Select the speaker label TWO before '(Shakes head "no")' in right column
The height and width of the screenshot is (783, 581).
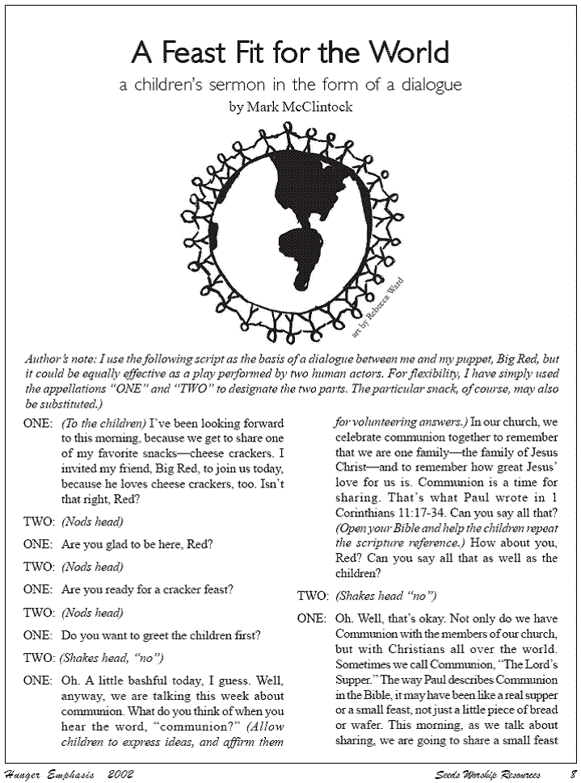(312, 597)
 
